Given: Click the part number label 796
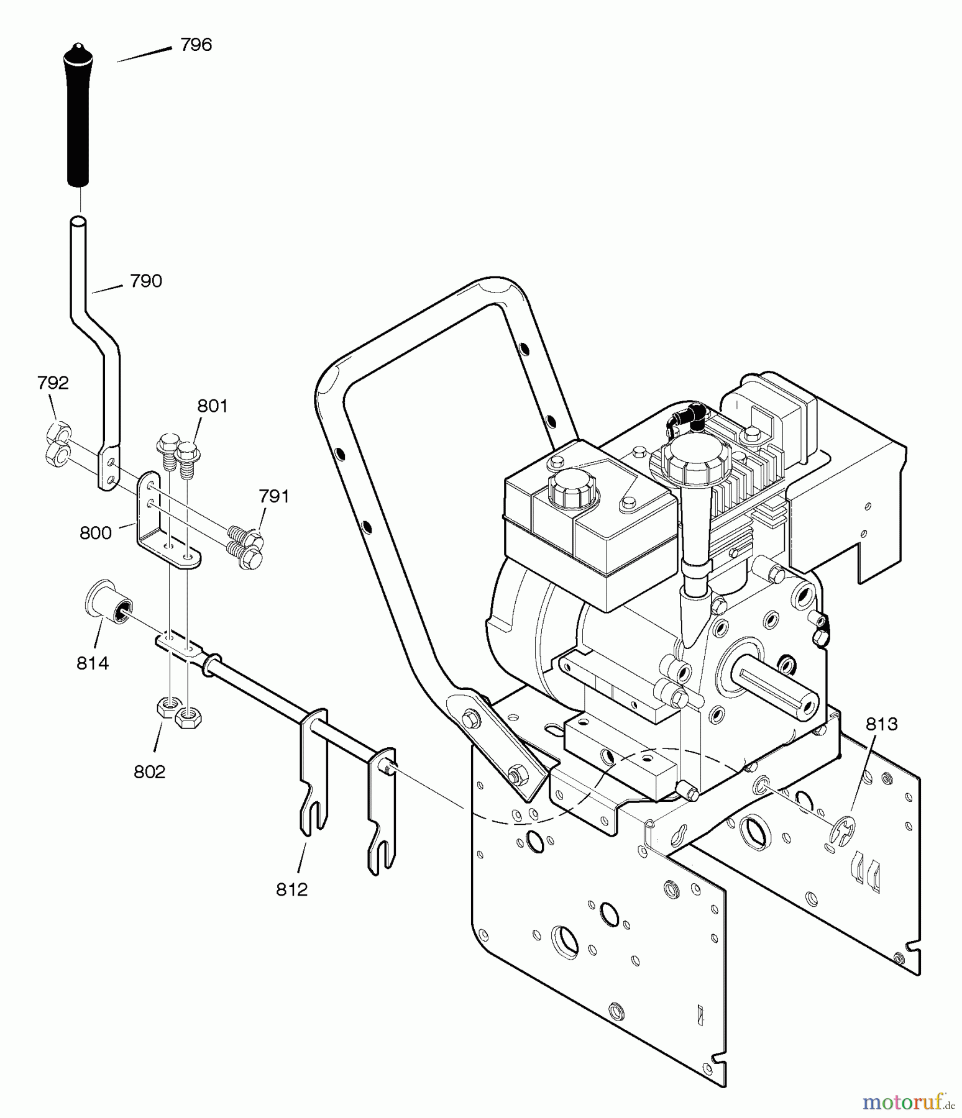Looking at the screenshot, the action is pos(196,45).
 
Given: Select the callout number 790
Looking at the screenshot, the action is pos(147,281).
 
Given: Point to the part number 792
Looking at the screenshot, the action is pos(53,383).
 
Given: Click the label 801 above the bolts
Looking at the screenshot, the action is pos(213,406).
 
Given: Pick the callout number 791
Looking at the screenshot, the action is pos(274,496).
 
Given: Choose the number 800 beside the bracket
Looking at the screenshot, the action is pos(96,533).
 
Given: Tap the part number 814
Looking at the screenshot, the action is pos(93,663).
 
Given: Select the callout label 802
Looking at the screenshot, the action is pos(150,771).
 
